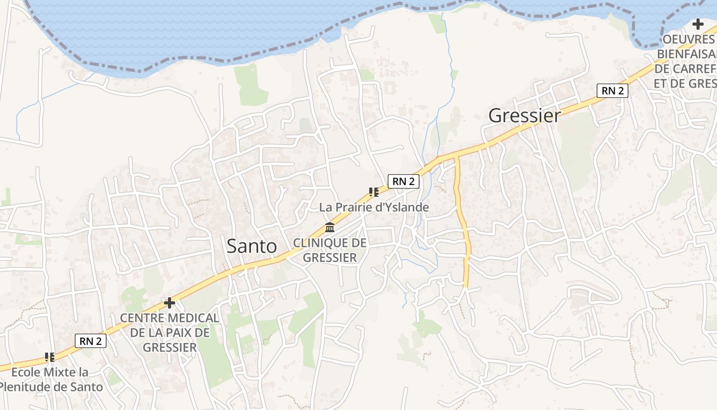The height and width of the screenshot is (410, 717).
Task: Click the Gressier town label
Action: [x=524, y=115]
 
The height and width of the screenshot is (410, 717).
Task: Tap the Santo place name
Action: [x=251, y=246]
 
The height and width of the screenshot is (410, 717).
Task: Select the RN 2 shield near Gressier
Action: [x=613, y=91]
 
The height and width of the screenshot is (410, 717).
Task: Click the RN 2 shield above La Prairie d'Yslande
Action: [x=404, y=181]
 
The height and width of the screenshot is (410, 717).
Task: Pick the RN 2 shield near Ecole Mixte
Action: [x=91, y=341]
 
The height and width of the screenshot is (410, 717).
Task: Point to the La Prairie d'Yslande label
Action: [x=374, y=208]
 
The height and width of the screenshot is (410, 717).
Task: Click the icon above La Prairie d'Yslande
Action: [x=373, y=192]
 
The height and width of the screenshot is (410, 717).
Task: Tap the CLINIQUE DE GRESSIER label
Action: [x=330, y=250]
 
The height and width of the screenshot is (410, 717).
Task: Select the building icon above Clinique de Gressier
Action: [x=330, y=228]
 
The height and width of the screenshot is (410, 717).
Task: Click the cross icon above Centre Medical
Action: [x=170, y=303]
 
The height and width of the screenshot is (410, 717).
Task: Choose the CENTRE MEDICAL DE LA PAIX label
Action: [x=170, y=333]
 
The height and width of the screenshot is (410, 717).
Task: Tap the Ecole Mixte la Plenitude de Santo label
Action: [x=50, y=379]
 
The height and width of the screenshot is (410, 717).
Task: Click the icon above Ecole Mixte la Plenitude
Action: [x=50, y=357]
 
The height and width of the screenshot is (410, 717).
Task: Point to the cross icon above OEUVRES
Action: [x=698, y=24]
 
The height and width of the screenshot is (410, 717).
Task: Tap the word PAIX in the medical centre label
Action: [x=177, y=333]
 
